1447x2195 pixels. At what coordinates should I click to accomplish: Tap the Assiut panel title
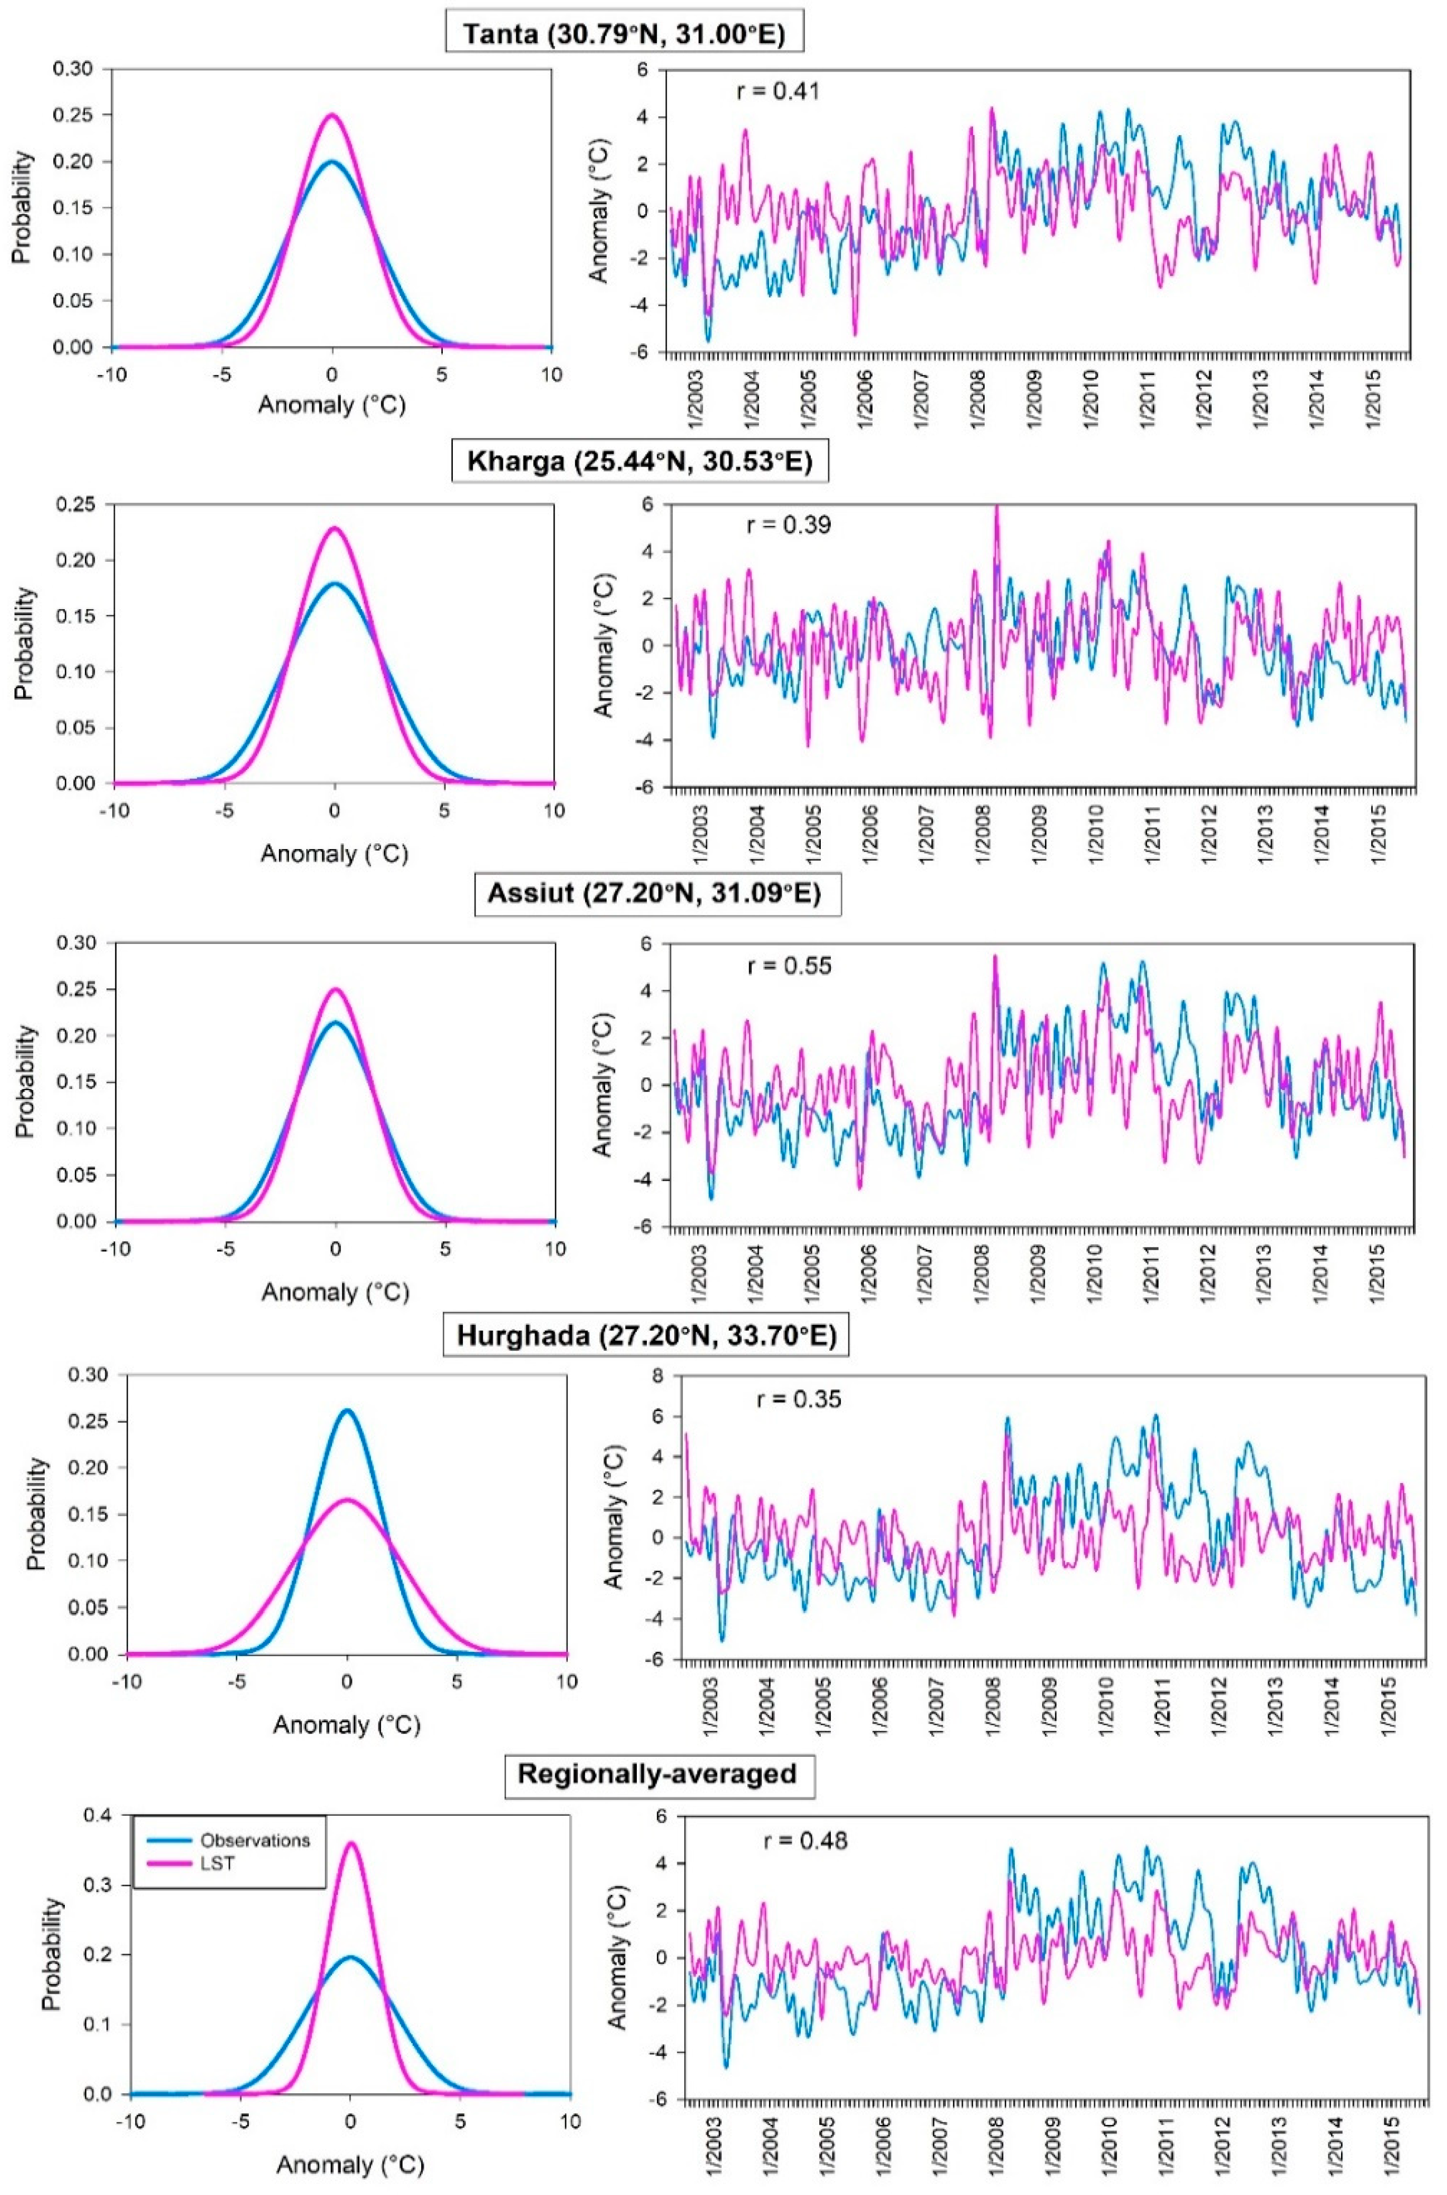pos(657,896)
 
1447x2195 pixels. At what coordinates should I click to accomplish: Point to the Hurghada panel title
pos(646,1336)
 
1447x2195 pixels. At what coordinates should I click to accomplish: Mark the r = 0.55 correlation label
pos(789,966)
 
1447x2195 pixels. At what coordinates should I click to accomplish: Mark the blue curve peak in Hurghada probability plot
pos(347,1410)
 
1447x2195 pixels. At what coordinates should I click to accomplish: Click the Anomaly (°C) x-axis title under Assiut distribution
pos(335,1292)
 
